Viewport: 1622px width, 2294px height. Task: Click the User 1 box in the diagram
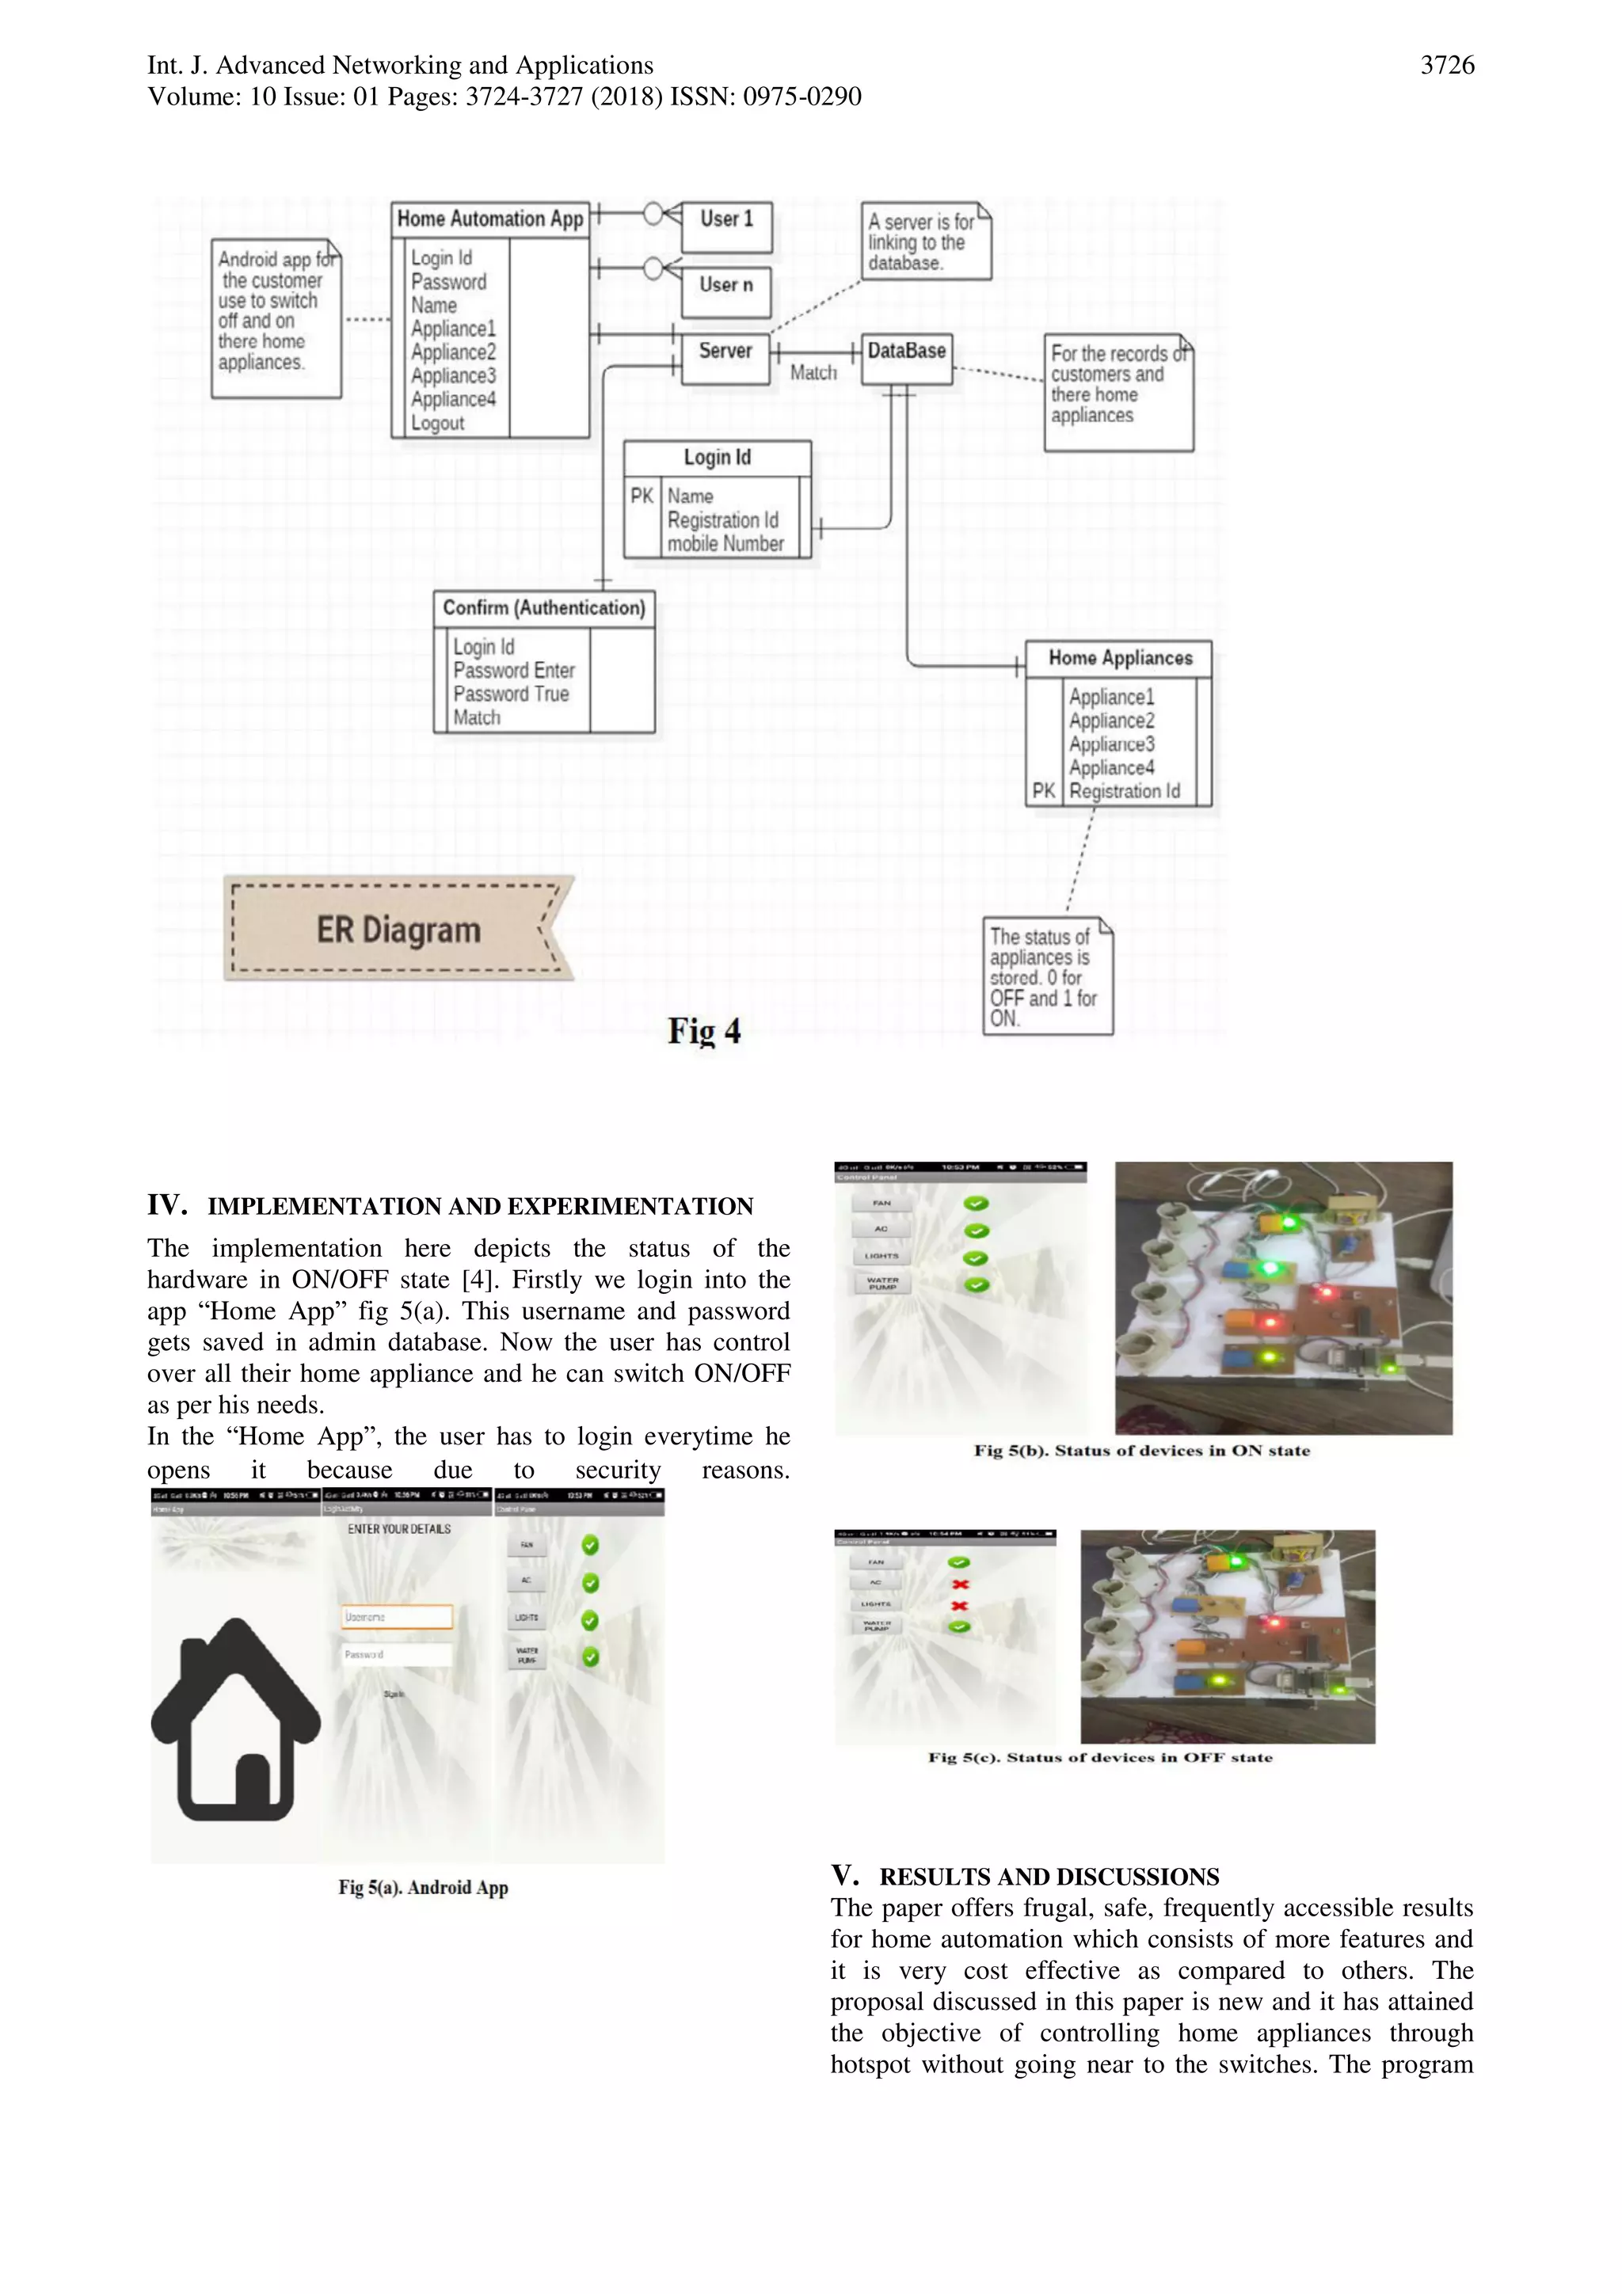[726, 226]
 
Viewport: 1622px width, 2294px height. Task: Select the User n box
[726, 291]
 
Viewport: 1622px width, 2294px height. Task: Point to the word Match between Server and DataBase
[813, 373]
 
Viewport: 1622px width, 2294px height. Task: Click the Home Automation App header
[489, 219]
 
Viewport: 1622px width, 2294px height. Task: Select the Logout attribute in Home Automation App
[438, 423]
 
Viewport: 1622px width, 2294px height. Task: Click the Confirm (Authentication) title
[543, 607]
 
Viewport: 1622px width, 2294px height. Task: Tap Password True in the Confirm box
[511, 694]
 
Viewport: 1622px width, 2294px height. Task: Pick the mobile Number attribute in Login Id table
[725, 543]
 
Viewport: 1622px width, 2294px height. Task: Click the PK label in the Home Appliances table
[1043, 790]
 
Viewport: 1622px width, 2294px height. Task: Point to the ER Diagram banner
[398, 929]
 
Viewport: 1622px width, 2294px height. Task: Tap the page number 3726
[1446, 65]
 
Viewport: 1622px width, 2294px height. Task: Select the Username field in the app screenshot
[397, 1617]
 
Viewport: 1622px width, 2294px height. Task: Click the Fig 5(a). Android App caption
[423, 1887]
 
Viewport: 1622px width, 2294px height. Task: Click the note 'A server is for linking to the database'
[924, 242]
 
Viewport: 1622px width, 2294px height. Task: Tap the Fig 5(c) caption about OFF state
[1099, 1757]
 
